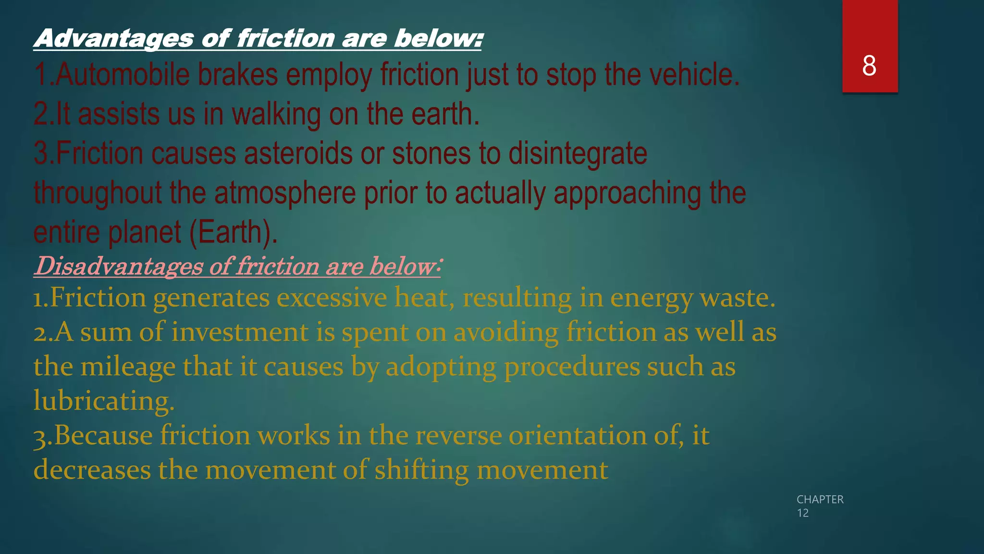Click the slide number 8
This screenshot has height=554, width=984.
[x=869, y=65]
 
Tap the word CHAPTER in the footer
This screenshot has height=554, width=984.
[x=820, y=500]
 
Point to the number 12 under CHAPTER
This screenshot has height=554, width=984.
[x=802, y=513]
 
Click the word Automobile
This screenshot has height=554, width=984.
[x=123, y=75]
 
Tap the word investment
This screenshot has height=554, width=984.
[x=240, y=332]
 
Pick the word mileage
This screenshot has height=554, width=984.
[x=128, y=367]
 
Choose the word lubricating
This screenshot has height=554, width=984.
[x=104, y=401]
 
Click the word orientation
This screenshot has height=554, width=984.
[x=578, y=435]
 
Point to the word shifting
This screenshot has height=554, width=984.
[x=421, y=470]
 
